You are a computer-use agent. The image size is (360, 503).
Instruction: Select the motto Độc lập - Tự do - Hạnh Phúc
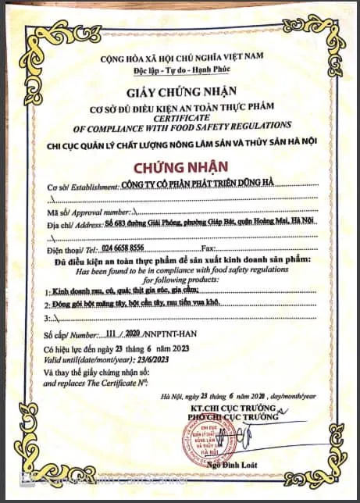coord(179,71)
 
